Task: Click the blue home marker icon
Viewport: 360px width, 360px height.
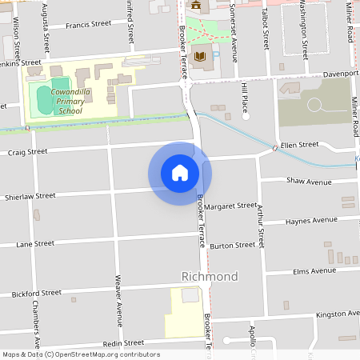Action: tap(180, 172)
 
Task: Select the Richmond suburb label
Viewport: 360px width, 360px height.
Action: tap(210, 277)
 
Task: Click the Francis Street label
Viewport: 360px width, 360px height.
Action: tap(89, 25)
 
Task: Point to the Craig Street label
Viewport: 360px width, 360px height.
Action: tap(28, 151)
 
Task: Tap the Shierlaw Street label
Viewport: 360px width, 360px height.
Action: tap(30, 196)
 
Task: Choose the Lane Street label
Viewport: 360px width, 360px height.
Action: tap(35, 243)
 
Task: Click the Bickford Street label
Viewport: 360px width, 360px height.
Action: tap(37, 294)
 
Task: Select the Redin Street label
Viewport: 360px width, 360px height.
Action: tap(100, 343)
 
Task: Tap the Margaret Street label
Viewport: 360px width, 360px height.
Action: tap(230, 206)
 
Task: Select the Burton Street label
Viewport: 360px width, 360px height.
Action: tap(233, 246)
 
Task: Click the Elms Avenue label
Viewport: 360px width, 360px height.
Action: tap(314, 271)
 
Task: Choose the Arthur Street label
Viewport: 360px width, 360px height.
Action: tap(260, 226)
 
